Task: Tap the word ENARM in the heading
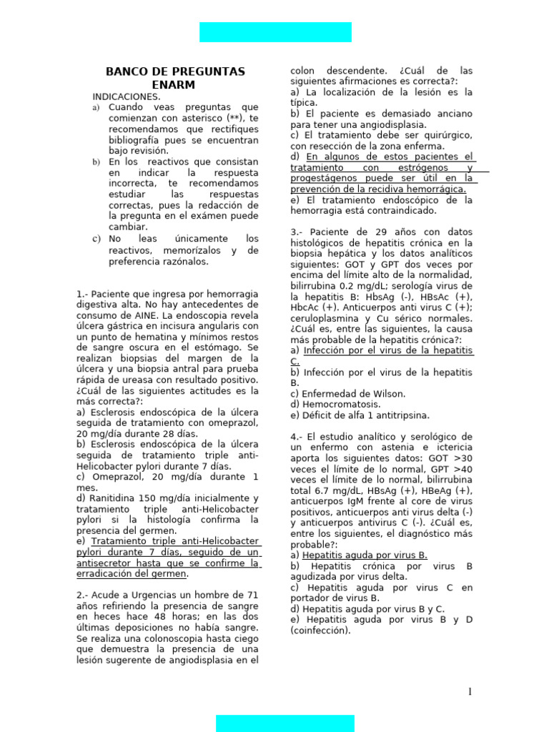pos(174,85)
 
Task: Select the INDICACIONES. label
pos(127,97)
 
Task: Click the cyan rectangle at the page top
pos(275,32)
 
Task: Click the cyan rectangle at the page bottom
pos(285,723)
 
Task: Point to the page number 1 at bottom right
pos(470,691)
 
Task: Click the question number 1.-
pos(82,294)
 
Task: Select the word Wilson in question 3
pos(386,394)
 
